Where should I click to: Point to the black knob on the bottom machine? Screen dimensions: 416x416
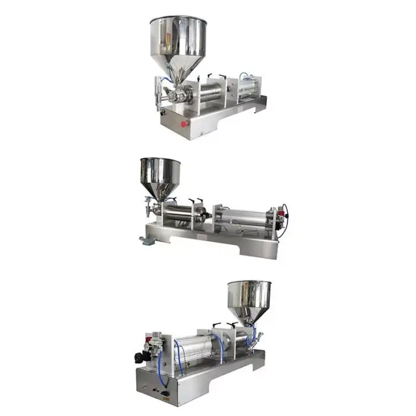(x=138, y=357)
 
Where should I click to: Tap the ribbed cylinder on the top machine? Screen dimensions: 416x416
(x=213, y=93)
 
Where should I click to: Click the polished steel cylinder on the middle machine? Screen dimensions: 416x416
(x=185, y=214)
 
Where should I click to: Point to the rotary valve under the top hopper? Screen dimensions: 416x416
(x=178, y=94)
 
